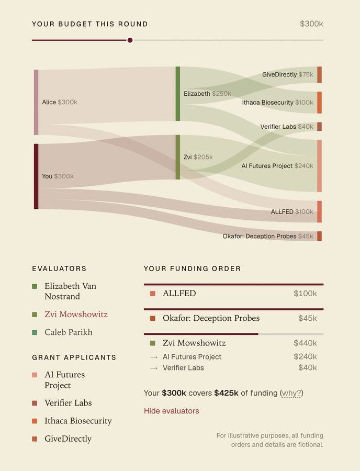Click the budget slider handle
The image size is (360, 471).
(130, 40)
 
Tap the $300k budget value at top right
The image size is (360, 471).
(311, 24)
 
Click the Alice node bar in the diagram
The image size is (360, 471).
(36, 102)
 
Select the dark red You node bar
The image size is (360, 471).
(36, 176)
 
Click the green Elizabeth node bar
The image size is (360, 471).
(178, 94)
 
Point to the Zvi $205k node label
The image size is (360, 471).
(198, 157)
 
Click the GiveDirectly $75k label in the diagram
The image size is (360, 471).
(287, 74)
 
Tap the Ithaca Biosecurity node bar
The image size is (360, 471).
(320, 103)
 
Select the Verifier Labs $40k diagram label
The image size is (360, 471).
(287, 127)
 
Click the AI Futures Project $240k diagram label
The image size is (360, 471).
(277, 166)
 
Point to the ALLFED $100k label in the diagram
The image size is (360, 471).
(292, 212)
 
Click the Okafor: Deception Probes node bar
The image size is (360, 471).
(320, 236)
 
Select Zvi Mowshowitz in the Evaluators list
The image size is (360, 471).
(76, 314)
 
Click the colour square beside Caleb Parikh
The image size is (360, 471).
(35, 332)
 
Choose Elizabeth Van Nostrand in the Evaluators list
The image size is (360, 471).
(71, 291)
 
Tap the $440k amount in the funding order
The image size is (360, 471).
(305, 343)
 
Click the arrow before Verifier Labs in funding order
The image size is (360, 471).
(154, 368)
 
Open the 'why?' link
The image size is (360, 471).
(291, 393)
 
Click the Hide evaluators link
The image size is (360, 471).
(172, 411)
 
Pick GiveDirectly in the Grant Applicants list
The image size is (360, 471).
(68, 439)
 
